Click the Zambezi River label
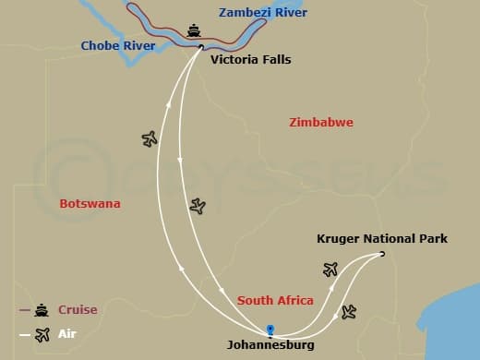pyautogui.click(x=263, y=13)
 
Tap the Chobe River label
pyautogui.click(x=117, y=45)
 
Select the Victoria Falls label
pyautogui.click(x=250, y=60)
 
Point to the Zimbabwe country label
pyautogui.click(x=320, y=123)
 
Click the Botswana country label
pyautogui.click(x=90, y=204)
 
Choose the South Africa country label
pyautogui.click(x=275, y=301)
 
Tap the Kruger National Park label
pyautogui.click(x=381, y=239)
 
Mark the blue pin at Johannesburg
pyautogui.click(x=270, y=329)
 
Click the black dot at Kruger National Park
pyautogui.click(x=382, y=255)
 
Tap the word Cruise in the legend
pyautogui.click(x=78, y=310)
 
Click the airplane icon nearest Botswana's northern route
pyautogui.click(x=150, y=139)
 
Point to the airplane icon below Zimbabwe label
pyautogui.click(x=197, y=207)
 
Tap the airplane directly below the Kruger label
pyautogui.click(x=330, y=270)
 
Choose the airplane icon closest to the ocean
pyautogui.click(x=348, y=312)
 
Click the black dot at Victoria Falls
pyautogui.click(x=201, y=46)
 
